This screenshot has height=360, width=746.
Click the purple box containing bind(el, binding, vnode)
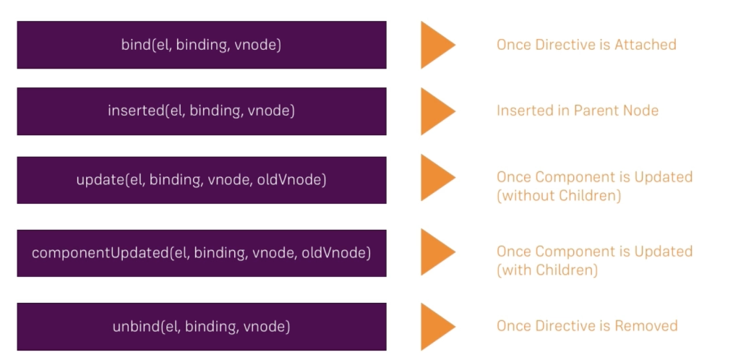tap(201, 45)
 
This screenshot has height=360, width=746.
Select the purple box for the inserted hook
tap(201, 111)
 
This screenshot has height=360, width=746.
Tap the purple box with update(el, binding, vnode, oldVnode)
tap(201, 179)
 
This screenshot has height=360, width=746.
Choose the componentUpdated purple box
tap(201, 253)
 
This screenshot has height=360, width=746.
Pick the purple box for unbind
tap(201, 327)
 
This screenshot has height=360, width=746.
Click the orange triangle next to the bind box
tap(436, 45)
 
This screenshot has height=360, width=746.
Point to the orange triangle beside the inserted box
tap(436, 111)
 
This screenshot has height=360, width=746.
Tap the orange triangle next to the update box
tap(436, 178)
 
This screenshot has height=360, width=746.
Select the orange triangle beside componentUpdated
tap(436, 252)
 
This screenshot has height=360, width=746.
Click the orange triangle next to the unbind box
tap(436, 326)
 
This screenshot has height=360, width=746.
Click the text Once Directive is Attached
tap(586, 45)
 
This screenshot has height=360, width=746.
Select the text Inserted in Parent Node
tap(578, 111)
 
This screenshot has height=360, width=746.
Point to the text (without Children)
tap(559, 196)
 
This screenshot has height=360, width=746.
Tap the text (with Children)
tap(547, 270)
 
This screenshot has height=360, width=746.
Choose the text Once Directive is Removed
tap(587, 326)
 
